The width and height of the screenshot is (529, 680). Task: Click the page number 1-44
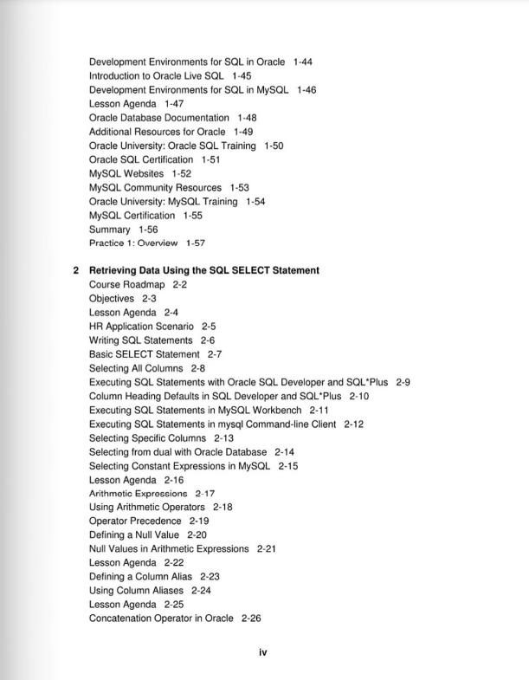(x=303, y=62)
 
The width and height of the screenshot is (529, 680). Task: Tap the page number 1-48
(x=247, y=117)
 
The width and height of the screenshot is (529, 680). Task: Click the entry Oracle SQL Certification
(x=141, y=159)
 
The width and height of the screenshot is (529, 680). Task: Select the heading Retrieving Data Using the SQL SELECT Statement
(x=204, y=270)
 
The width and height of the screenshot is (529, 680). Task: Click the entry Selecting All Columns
(x=136, y=368)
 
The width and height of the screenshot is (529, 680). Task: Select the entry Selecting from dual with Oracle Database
(x=177, y=452)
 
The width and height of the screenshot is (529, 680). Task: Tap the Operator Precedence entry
(x=135, y=521)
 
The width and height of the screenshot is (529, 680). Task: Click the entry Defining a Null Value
(x=134, y=535)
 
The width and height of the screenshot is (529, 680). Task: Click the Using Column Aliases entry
(x=136, y=591)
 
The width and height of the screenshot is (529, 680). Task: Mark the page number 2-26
(x=251, y=618)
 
